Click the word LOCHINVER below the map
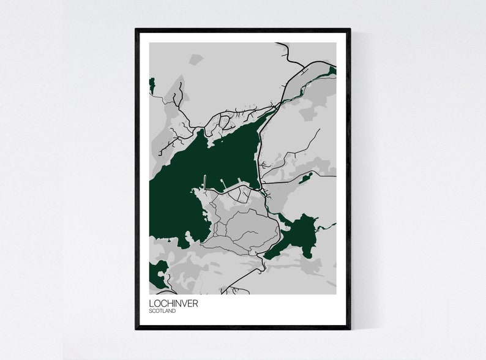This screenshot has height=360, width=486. (x=173, y=303)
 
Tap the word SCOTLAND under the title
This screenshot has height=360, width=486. (x=162, y=311)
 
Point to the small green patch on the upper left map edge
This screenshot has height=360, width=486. (x=152, y=86)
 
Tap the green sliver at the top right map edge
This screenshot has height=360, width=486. (x=332, y=71)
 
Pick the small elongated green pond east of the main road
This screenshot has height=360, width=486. (x=304, y=178)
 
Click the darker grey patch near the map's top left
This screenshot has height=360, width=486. (x=195, y=59)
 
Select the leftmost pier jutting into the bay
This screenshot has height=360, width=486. (x=204, y=182)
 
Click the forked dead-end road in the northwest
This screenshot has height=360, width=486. (x=178, y=98)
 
